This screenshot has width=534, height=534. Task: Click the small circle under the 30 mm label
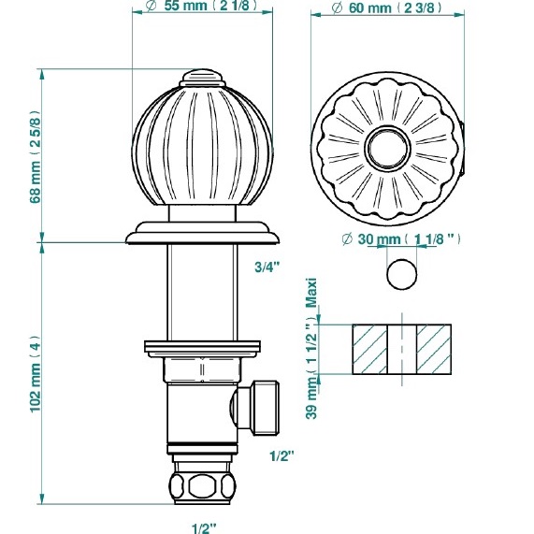click(400, 275)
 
